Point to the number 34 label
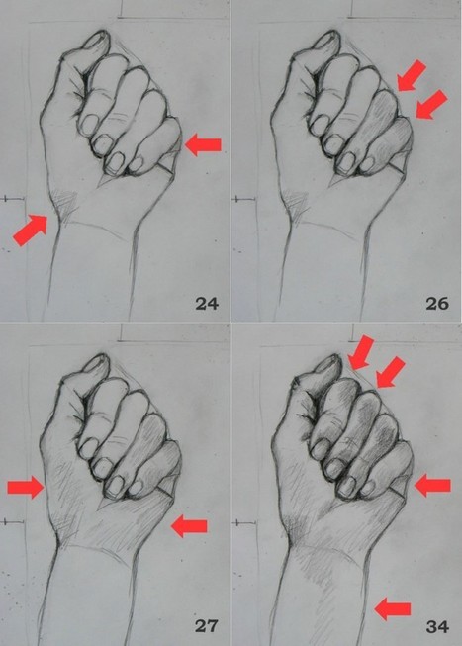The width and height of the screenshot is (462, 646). (x=435, y=626)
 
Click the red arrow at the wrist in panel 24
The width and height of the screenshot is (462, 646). (x=31, y=230)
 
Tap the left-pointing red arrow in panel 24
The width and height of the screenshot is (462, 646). (x=204, y=145)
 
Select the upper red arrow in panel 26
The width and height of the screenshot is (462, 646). (x=413, y=76)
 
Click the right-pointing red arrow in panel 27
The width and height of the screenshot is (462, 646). (x=27, y=486)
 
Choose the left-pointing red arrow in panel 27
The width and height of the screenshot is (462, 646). (x=189, y=526)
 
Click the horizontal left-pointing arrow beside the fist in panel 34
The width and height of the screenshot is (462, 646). (x=431, y=485)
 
